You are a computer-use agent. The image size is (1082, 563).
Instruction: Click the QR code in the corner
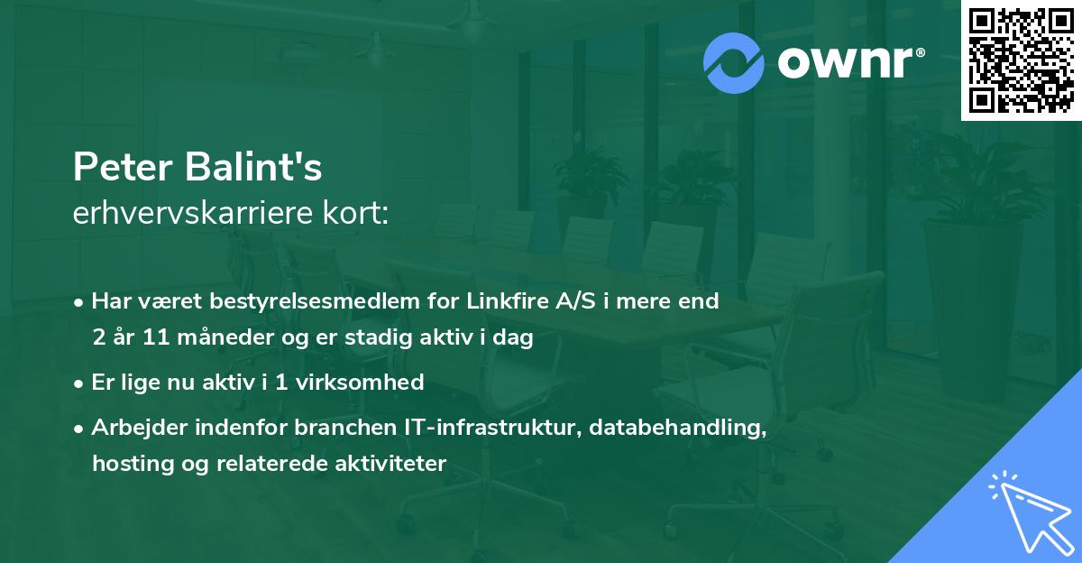[x=1021, y=60]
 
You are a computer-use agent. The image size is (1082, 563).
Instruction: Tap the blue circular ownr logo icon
[x=733, y=63]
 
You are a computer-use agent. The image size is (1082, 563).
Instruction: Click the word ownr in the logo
[x=851, y=63]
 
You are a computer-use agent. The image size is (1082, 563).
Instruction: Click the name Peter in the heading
[x=123, y=167]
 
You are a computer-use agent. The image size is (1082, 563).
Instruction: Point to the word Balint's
[x=253, y=166]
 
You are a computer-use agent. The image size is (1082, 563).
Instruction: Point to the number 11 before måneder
[x=156, y=337]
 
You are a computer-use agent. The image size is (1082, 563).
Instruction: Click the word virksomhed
[x=360, y=382]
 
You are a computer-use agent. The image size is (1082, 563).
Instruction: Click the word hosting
[x=133, y=464]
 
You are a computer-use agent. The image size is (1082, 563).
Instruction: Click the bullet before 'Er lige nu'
[x=78, y=384]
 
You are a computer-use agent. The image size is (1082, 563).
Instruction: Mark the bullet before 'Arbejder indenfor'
[x=78, y=429]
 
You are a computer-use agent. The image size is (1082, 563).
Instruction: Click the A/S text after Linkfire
[x=576, y=300]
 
